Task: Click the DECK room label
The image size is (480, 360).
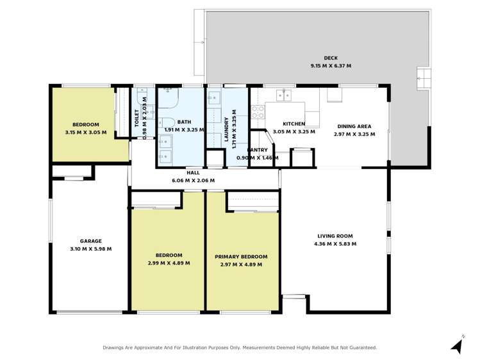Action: click(x=331, y=58)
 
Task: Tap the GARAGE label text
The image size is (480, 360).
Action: click(x=91, y=241)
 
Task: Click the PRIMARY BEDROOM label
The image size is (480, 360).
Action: click(x=241, y=257)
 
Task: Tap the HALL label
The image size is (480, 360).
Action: click(x=193, y=172)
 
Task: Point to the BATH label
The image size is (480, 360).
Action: click(x=184, y=122)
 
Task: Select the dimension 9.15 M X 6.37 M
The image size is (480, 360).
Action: click(x=331, y=66)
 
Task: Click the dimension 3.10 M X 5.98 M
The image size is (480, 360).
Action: click(x=91, y=249)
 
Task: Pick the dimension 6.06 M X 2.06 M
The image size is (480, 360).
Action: click(x=193, y=181)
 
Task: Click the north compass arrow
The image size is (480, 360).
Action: click(x=456, y=346)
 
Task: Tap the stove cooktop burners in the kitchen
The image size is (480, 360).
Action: click(x=258, y=112)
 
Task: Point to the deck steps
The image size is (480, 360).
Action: click(x=423, y=80)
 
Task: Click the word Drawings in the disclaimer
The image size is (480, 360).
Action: click(x=115, y=348)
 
